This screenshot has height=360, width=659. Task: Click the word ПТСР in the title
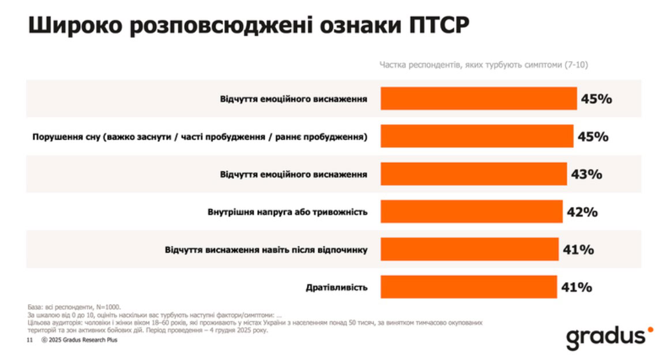(x=439, y=25)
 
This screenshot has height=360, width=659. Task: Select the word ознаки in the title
(x=361, y=25)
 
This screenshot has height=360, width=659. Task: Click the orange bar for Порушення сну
(x=477, y=136)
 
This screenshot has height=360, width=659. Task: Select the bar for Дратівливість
(x=469, y=287)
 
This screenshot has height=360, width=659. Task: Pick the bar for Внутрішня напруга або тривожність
(x=472, y=212)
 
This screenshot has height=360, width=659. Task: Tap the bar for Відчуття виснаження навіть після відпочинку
(x=469, y=249)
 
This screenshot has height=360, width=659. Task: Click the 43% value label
(x=587, y=174)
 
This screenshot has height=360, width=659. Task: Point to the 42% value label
(x=582, y=212)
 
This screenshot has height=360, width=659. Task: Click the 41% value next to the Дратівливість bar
(x=577, y=287)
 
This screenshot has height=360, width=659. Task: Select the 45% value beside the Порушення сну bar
(x=593, y=137)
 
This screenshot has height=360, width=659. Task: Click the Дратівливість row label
(x=337, y=288)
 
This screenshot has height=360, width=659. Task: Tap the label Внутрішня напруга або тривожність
(x=288, y=212)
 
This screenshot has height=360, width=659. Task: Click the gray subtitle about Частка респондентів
(x=484, y=65)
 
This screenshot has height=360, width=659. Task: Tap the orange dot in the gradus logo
(x=650, y=329)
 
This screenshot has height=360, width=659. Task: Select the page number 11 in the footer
(x=29, y=340)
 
